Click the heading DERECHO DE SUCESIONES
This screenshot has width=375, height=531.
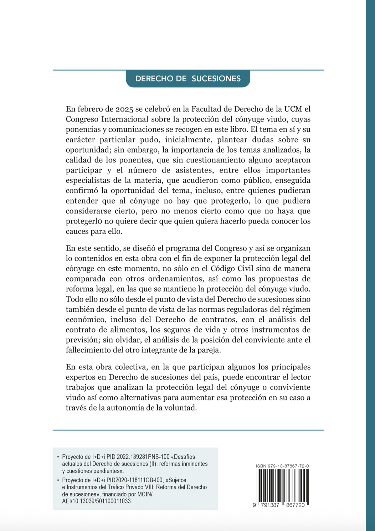click(188, 79)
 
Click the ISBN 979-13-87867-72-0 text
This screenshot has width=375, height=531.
click(282, 466)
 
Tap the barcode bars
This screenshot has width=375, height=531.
click(282, 485)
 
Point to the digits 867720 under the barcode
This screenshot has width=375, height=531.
click(294, 505)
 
